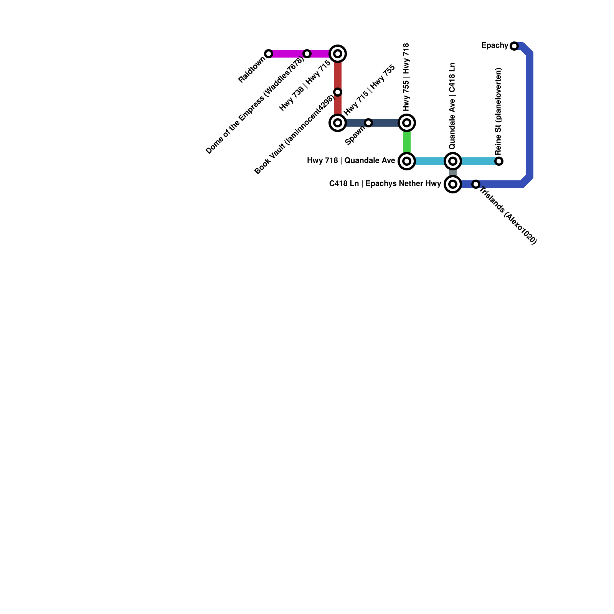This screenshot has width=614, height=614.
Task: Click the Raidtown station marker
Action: [269, 54]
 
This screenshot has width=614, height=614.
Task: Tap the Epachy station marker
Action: [514, 46]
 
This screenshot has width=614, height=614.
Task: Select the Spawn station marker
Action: [368, 123]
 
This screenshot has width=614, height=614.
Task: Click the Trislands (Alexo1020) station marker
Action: [476, 184]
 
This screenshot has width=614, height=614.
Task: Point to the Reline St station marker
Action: [499, 161]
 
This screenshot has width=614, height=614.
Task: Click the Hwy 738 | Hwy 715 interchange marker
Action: [338, 54]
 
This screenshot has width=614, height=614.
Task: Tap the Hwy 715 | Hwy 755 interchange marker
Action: [338, 123]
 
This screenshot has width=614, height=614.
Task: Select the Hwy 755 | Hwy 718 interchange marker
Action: [407, 123]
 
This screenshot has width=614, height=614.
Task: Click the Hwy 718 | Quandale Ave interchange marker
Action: [407, 161]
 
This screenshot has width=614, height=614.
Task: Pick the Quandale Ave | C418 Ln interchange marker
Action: [453, 161]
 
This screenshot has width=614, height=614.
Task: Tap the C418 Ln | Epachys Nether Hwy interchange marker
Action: [453, 184]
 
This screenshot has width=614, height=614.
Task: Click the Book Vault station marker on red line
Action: [338, 92]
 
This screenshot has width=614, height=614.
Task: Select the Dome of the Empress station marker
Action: [307, 54]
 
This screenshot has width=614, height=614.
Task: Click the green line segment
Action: [407, 142]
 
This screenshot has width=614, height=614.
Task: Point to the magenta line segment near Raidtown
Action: [288, 54]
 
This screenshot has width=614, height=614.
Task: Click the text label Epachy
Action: [494, 46]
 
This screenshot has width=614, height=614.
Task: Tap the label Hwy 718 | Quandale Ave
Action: [351, 161]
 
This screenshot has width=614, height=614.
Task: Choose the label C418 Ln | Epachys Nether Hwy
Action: [385, 184]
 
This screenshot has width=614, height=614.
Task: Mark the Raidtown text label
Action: [252, 70]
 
